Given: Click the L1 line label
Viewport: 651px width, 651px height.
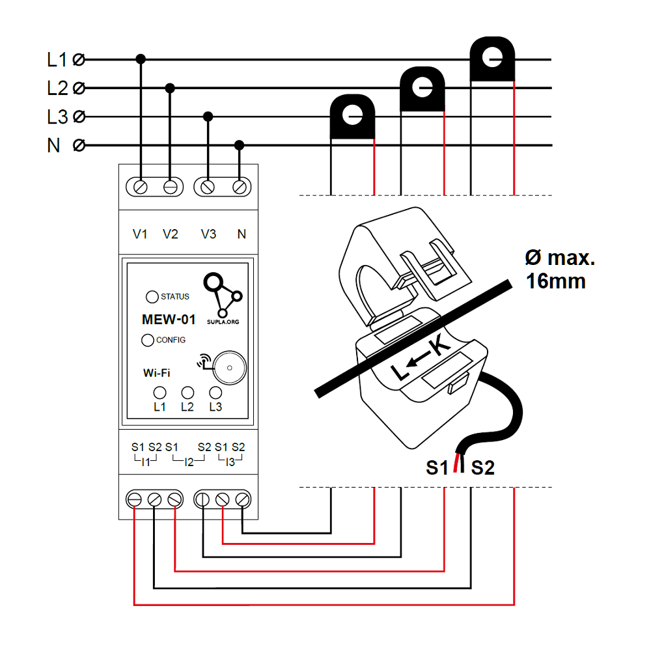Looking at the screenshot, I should pyautogui.click(x=57, y=60).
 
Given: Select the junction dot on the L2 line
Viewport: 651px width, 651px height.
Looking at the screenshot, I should pyautogui.click(x=170, y=88).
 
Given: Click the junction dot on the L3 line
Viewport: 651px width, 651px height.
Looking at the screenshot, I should pyautogui.click(x=208, y=117).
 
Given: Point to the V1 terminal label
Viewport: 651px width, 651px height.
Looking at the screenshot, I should pyautogui.click(x=140, y=234).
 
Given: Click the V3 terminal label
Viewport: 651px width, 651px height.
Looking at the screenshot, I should pyautogui.click(x=208, y=234).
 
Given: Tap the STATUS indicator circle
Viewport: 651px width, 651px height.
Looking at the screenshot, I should pyautogui.click(x=152, y=297).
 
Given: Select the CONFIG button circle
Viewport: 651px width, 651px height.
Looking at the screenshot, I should pyautogui.click(x=148, y=340).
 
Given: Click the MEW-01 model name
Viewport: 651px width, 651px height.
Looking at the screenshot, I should pyautogui.click(x=169, y=320).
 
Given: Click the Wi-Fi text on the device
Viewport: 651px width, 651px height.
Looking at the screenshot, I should pyautogui.click(x=157, y=373).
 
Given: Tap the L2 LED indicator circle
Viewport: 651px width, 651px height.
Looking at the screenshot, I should pyautogui.click(x=187, y=393).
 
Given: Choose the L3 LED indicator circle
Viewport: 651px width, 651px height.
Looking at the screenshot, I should pyautogui.click(x=215, y=393).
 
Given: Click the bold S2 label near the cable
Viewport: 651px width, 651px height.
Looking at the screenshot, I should pyautogui.click(x=483, y=467).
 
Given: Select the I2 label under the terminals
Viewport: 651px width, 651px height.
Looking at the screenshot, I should pyautogui.click(x=189, y=462).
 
